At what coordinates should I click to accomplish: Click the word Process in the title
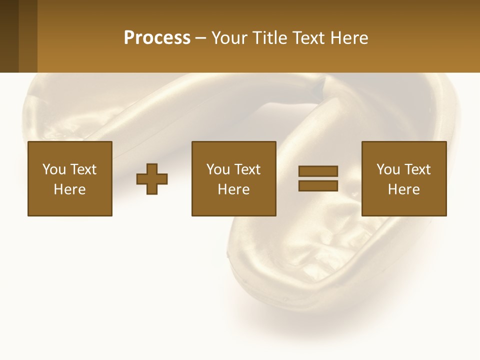157,38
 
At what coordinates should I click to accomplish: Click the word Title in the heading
267,38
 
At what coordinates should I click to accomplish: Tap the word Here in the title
347,38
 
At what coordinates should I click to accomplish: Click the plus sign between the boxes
152,179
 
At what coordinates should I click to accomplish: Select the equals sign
318,178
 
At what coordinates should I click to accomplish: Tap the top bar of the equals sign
318,171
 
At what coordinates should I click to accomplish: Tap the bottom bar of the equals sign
318,186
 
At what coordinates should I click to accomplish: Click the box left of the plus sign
70,178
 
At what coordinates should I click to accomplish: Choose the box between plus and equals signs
234,178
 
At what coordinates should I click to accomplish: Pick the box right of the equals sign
404,178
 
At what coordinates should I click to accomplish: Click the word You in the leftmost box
54,169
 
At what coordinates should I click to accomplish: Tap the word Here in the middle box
234,189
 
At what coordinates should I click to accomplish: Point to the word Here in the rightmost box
404,189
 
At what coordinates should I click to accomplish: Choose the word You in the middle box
218,169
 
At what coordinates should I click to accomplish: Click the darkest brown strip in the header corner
9,36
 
